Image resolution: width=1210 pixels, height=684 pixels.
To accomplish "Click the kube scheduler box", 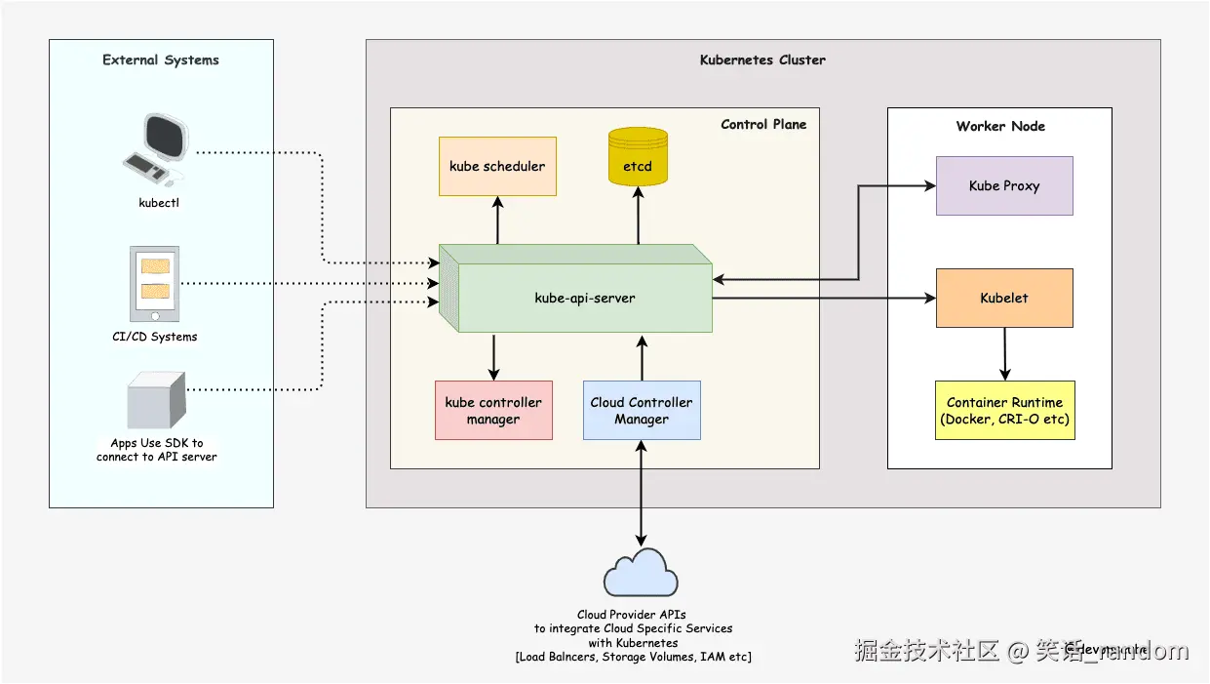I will (x=497, y=166).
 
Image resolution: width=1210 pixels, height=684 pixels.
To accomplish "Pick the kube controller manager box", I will (x=493, y=411).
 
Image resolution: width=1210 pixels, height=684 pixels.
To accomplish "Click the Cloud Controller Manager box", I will (x=642, y=411).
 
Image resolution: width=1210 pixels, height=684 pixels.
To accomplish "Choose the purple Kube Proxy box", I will (x=1004, y=185).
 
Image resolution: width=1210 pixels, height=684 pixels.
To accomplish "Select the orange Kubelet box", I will (x=1004, y=298).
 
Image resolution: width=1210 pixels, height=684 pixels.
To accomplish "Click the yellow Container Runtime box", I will (x=1004, y=411).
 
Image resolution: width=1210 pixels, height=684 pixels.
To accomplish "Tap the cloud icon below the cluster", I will (x=641, y=576).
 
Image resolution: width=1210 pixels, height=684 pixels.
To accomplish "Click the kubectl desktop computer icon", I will (x=156, y=151).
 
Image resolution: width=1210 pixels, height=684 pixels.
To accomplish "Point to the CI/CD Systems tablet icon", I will (x=155, y=284).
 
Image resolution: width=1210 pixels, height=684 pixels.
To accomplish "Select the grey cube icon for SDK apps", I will (x=156, y=401).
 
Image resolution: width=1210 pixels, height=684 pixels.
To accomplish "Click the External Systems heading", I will (x=161, y=60).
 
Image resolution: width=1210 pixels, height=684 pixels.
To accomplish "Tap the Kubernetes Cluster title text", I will (x=762, y=60).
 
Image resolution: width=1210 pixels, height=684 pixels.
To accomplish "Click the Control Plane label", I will (x=763, y=124).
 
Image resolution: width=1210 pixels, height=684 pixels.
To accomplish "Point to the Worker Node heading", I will (x=1000, y=126).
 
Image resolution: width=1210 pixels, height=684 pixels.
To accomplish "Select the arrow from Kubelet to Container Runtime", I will (x=1004, y=353).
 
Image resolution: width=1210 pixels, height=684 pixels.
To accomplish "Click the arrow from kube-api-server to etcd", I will (x=639, y=217).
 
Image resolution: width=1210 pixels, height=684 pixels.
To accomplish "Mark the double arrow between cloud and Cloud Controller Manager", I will (x=641, y=493).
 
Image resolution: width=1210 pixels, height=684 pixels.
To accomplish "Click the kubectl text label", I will (x=159, y=203).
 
